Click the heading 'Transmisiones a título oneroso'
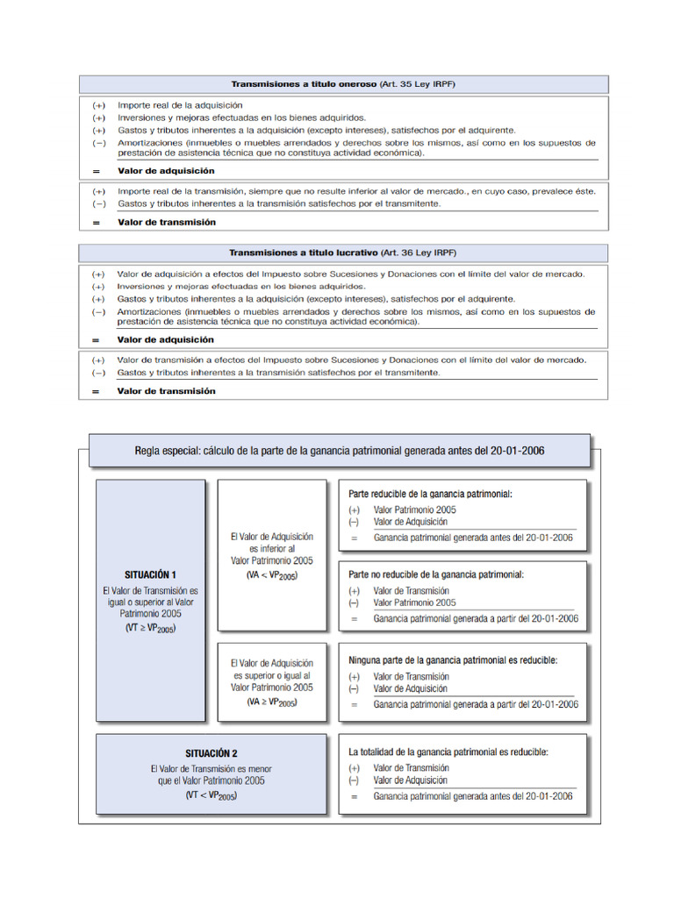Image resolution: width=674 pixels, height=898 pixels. pyautogui.click(x=303, y=84)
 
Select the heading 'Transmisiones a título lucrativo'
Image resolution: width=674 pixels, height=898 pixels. pyautogui.click(x=303, y=253)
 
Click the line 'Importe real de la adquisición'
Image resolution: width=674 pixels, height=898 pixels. pyautogui.click(x=180, y=104)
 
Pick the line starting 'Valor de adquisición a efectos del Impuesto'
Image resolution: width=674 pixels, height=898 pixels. pyautogui.click(x=351, y=274)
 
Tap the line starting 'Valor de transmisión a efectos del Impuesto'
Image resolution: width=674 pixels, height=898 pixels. pyautogui.click(x=352, y=360)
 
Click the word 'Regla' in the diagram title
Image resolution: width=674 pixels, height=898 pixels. pyautogui.click(x=150, y=451)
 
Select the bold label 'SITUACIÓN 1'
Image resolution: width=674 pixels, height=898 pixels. pyautogui.click(x=150, y=574)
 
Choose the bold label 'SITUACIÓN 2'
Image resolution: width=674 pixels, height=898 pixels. pyautogui.click(x=211, y=752)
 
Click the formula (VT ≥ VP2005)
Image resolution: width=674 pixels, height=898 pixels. pyautogui.click(x=150, y=630)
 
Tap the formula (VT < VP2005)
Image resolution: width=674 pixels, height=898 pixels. pyautogui.click(x=211, y=795)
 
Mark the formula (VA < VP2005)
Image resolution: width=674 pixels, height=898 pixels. pyautogui.click(x=271, y=575)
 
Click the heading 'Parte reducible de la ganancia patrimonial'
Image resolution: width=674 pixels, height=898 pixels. pyautogui.click(x=430, y=494)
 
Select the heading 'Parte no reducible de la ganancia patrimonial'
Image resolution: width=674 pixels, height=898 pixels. pyautogui.click(x=436, y=574)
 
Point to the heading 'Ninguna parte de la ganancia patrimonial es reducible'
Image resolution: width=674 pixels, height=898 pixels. pyautogui.click(x=453, y=659)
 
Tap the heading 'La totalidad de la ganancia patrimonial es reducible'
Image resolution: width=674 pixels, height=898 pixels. pyautogui.click(x=448, y=752)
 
